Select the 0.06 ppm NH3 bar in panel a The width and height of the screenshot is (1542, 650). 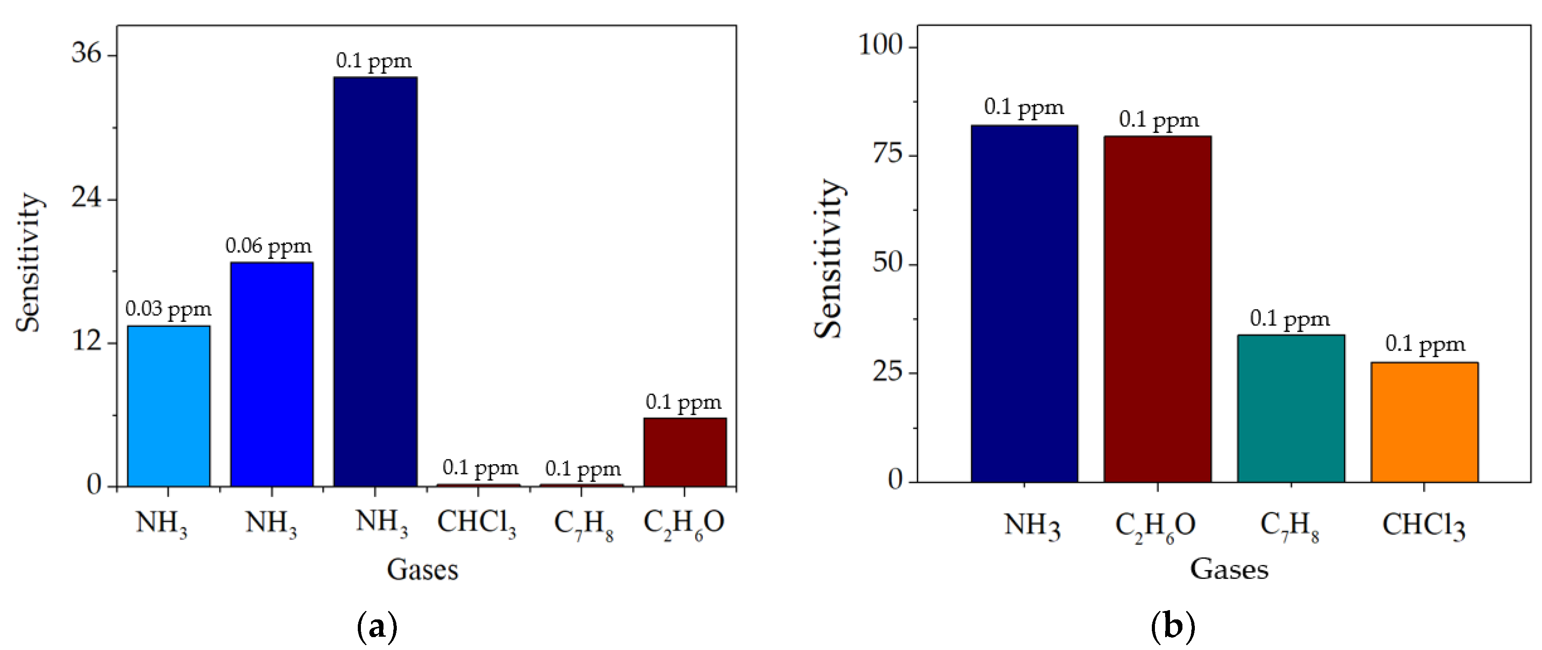point(272,374)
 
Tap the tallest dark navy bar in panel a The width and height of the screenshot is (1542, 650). point(376,281)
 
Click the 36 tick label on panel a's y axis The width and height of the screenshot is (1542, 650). point(86,53)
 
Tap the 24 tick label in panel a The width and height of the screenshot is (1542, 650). point(86,197)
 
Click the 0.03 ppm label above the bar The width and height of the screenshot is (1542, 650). point(168,309)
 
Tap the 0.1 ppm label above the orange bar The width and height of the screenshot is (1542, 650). point(1425,344)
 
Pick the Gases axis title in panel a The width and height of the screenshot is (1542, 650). point(423,569)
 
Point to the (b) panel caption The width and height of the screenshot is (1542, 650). point(1173,627)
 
